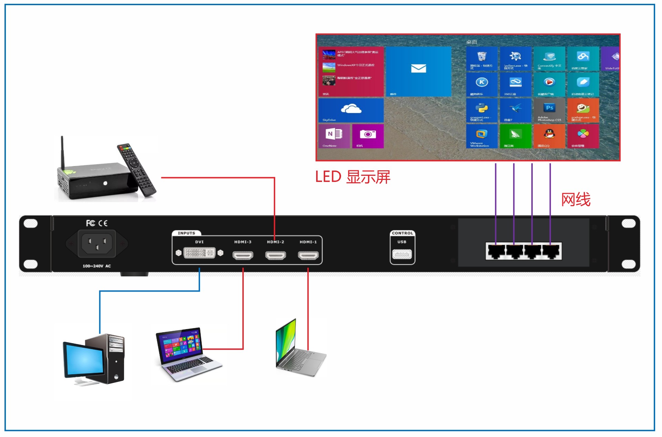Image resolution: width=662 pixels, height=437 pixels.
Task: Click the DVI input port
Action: point(200,253)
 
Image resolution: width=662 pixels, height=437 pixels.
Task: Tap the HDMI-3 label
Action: point(243,242)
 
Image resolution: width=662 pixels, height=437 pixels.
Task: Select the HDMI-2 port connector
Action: point(275,255)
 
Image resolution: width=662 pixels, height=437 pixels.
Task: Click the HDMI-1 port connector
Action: point(308,255)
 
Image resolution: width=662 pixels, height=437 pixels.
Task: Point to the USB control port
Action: point(402,255)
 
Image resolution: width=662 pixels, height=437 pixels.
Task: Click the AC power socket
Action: point(97,244)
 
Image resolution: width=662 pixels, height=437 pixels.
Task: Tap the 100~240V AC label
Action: point(97,266)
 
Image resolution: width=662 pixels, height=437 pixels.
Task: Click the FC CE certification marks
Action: point(97,223)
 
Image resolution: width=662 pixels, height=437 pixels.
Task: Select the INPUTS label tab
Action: point(186,233)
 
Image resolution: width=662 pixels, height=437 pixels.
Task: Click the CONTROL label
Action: point(402,233)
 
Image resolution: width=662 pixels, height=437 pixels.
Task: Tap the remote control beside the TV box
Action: point(137,170)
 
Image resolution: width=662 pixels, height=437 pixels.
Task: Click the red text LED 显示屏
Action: point(352,177)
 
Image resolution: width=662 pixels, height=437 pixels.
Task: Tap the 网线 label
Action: point(576,200)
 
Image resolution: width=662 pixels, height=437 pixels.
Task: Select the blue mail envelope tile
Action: point(419,71)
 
